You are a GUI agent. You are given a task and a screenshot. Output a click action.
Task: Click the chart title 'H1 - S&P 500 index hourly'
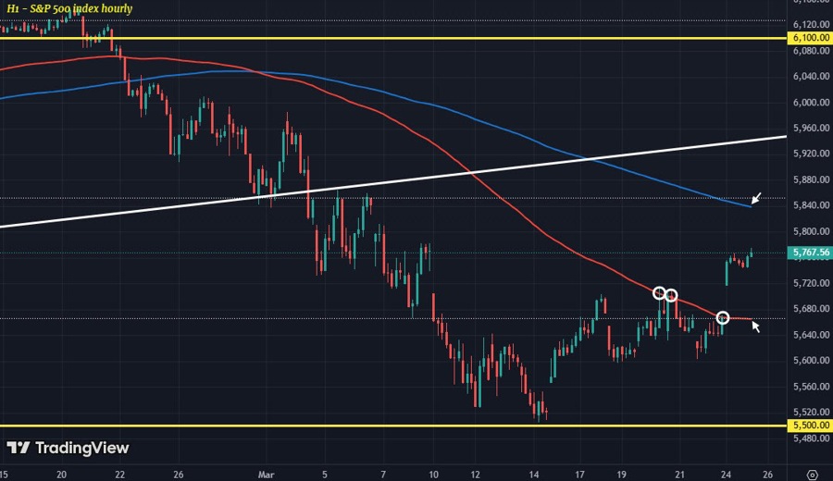tap(70, 8)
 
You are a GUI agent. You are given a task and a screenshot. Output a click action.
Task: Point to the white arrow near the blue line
tap(757, 197)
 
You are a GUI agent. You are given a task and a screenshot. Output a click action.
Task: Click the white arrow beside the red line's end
tap(756, 325)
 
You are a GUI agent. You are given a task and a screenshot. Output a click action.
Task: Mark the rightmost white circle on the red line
tap(723, 318)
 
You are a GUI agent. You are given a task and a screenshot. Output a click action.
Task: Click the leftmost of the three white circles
tap(660, 293)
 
